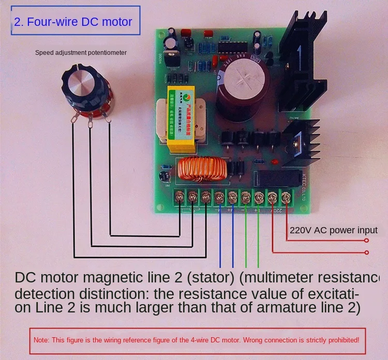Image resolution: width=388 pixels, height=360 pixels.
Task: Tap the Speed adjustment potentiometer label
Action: [81, 53]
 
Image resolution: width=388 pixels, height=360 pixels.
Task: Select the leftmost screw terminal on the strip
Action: [180, 197]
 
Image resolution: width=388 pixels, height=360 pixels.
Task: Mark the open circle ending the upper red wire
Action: [367, 241]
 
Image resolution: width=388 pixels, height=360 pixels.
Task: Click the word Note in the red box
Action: [41, 341]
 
